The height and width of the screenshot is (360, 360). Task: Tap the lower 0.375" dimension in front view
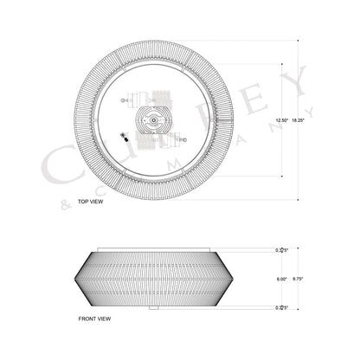(280, 307)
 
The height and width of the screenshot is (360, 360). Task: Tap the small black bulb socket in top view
(123, 136)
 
